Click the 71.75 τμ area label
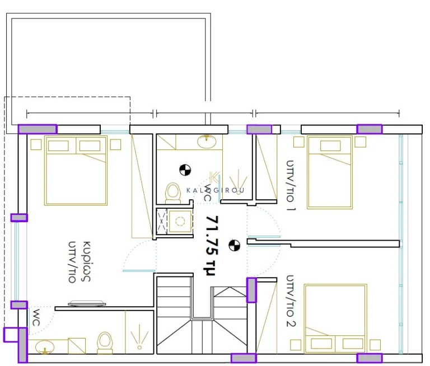coord(212,246)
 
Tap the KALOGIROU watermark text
coord(215,190)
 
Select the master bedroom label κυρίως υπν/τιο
coord(80,262)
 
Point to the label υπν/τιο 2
coord(291,301)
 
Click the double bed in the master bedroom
coord(76,170)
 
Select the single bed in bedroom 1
coord(329,172)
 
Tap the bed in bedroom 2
coord(335,318)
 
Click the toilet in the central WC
coord(173,193)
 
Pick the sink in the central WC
coord(207,141)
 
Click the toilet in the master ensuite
coord(105,342)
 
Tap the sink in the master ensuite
coord(45,346)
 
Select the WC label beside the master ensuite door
coord(36,317)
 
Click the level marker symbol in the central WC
coord(185,170)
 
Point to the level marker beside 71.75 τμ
coord(234,245)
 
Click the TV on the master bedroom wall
coord(87,303)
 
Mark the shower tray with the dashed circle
coord(180,221)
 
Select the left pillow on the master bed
coord(58,146)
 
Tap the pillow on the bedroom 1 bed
coord(330,146)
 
